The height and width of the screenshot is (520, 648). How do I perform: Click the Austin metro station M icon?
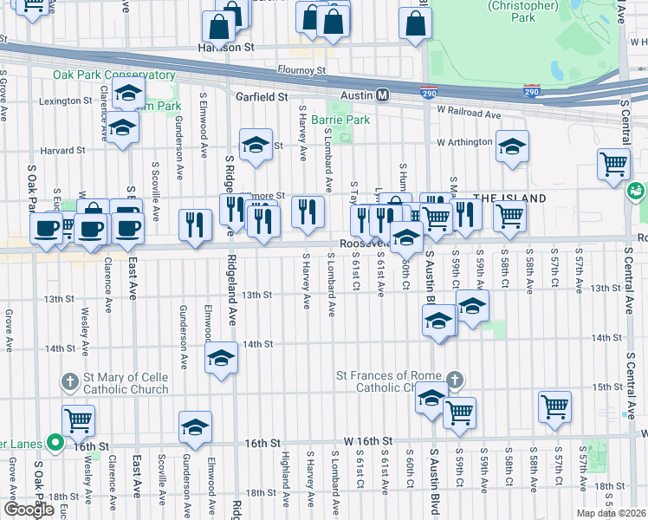click(382, 94)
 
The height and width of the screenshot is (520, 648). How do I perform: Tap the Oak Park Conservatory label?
click(113, 75)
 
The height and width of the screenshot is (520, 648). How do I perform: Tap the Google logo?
click(29, 510)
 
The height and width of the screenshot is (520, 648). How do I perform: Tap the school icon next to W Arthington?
click(512, 146)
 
